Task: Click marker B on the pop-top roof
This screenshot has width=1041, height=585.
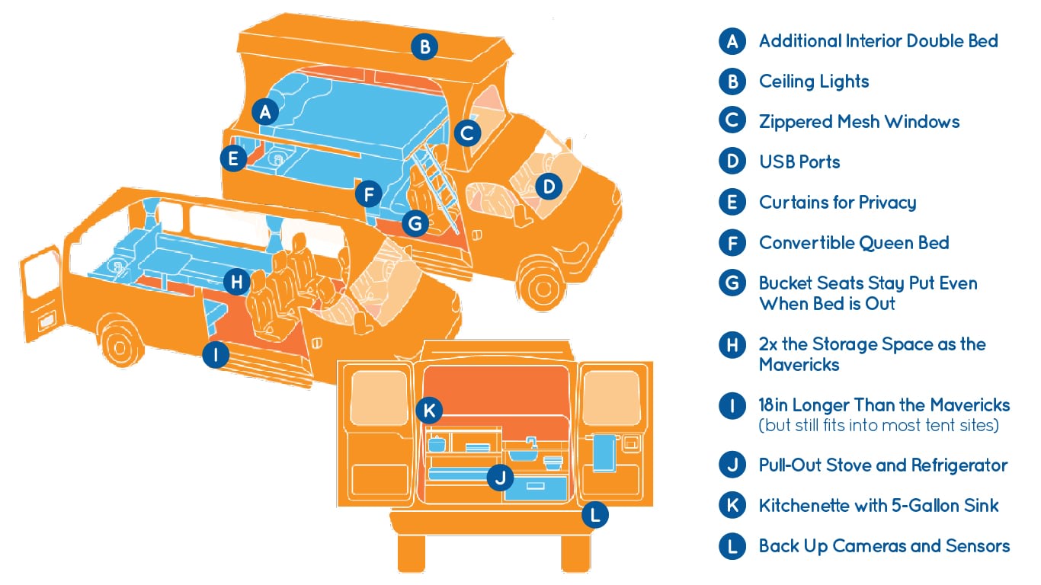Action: click(x=424, y=47)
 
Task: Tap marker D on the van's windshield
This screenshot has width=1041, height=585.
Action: click(x=549, y=187)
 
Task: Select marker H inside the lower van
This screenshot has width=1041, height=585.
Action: click(x=236, y=282)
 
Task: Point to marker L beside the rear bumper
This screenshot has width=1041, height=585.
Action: click(x=595, y=515)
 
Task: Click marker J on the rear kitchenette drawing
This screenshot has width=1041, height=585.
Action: click(x=501, y=477)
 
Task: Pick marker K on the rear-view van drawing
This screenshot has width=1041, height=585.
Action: click(x=429, y=411)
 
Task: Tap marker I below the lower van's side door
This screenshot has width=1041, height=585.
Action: click(x=216, y=355)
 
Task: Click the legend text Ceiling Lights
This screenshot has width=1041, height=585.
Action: click(x=814, y=82)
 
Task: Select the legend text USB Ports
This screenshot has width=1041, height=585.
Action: click(x=799, y=162)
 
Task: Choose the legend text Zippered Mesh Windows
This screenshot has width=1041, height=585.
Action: click(x=860, y=122)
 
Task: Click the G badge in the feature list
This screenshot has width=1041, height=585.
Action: click(x=732, y=283)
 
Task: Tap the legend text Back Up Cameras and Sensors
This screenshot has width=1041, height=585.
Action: click(x=884, y=546)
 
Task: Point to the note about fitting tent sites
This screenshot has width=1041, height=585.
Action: click(x=879, y=426)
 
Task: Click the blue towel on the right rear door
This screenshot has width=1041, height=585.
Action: click(x=604, y=453)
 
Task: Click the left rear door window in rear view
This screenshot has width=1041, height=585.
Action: click(x=380, y=398)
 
